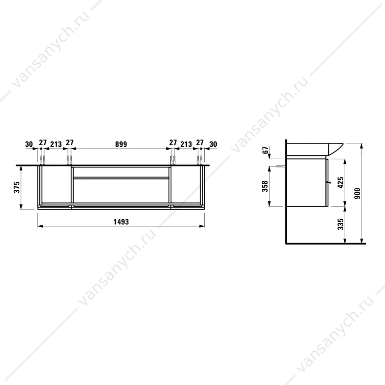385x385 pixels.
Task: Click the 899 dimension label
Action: point(121,144)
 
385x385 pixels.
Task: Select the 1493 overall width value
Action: point(121,222)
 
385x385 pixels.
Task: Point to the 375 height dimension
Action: point(17,187)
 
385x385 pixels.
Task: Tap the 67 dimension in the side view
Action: point(266,150)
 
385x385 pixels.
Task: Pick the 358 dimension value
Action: point(265,186)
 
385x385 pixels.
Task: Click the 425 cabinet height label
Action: point(340,182)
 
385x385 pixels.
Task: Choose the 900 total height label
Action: point(358,193)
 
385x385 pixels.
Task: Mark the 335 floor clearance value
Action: point(340,224)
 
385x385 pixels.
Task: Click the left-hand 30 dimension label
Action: point(29,144)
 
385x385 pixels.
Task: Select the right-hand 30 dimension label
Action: point(213,144)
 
